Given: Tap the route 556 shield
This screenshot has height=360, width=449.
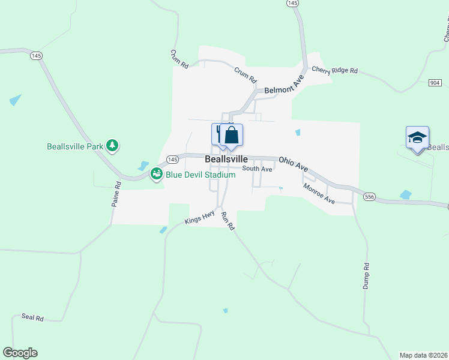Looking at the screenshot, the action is (370, 196).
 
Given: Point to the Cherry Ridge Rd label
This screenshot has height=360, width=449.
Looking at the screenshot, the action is (334, 70).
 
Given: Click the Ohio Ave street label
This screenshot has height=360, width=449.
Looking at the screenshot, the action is (294, 165).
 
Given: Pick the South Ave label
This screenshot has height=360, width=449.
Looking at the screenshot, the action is (258, 169).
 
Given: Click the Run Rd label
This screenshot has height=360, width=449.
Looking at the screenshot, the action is (226, 221).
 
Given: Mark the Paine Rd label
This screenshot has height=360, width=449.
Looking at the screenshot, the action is (116, 196).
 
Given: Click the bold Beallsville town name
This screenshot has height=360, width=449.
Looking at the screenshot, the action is (226, 159).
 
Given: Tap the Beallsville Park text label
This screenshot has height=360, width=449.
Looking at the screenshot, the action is (75, 146).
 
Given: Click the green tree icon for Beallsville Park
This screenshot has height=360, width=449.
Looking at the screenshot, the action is (112, 145).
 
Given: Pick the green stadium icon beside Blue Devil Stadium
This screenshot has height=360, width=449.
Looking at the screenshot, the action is (157, 174).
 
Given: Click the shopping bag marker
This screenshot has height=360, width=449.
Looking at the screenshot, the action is (232, 136).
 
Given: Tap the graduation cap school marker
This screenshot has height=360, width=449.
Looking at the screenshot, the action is (417, 137).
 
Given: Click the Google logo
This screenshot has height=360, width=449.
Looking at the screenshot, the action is (20, 353).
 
